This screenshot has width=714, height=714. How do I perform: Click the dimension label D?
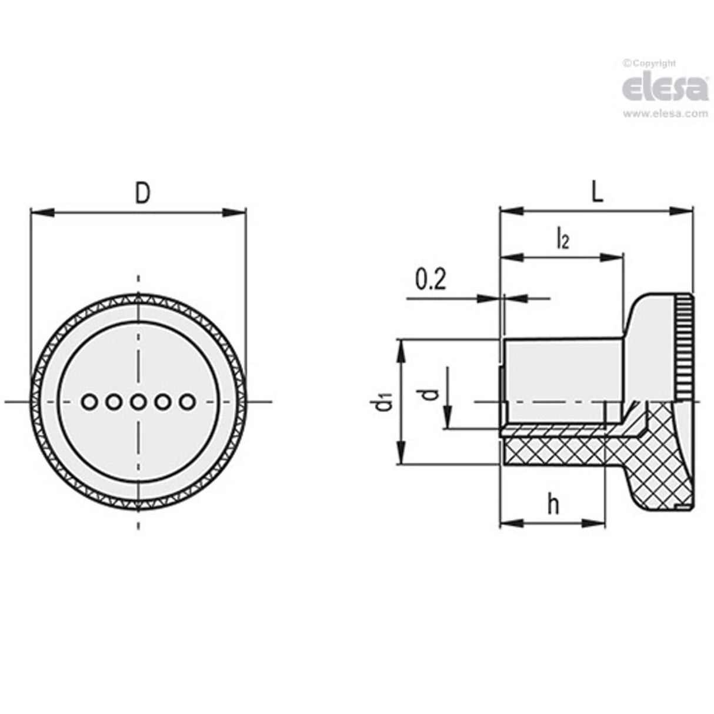[x=142, y=194]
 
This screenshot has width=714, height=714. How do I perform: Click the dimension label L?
[x=596, y=194]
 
